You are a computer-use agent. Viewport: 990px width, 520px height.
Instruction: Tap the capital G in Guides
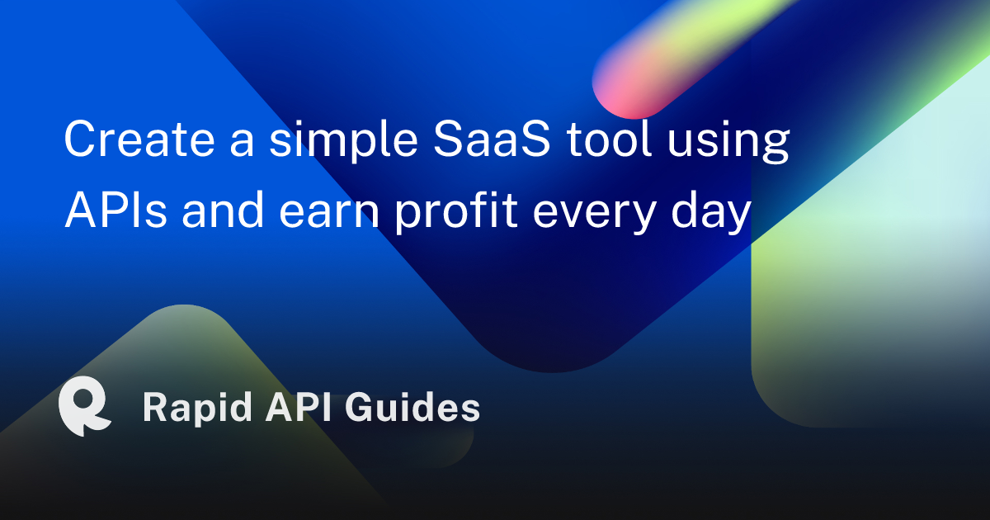tap(360, 408)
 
